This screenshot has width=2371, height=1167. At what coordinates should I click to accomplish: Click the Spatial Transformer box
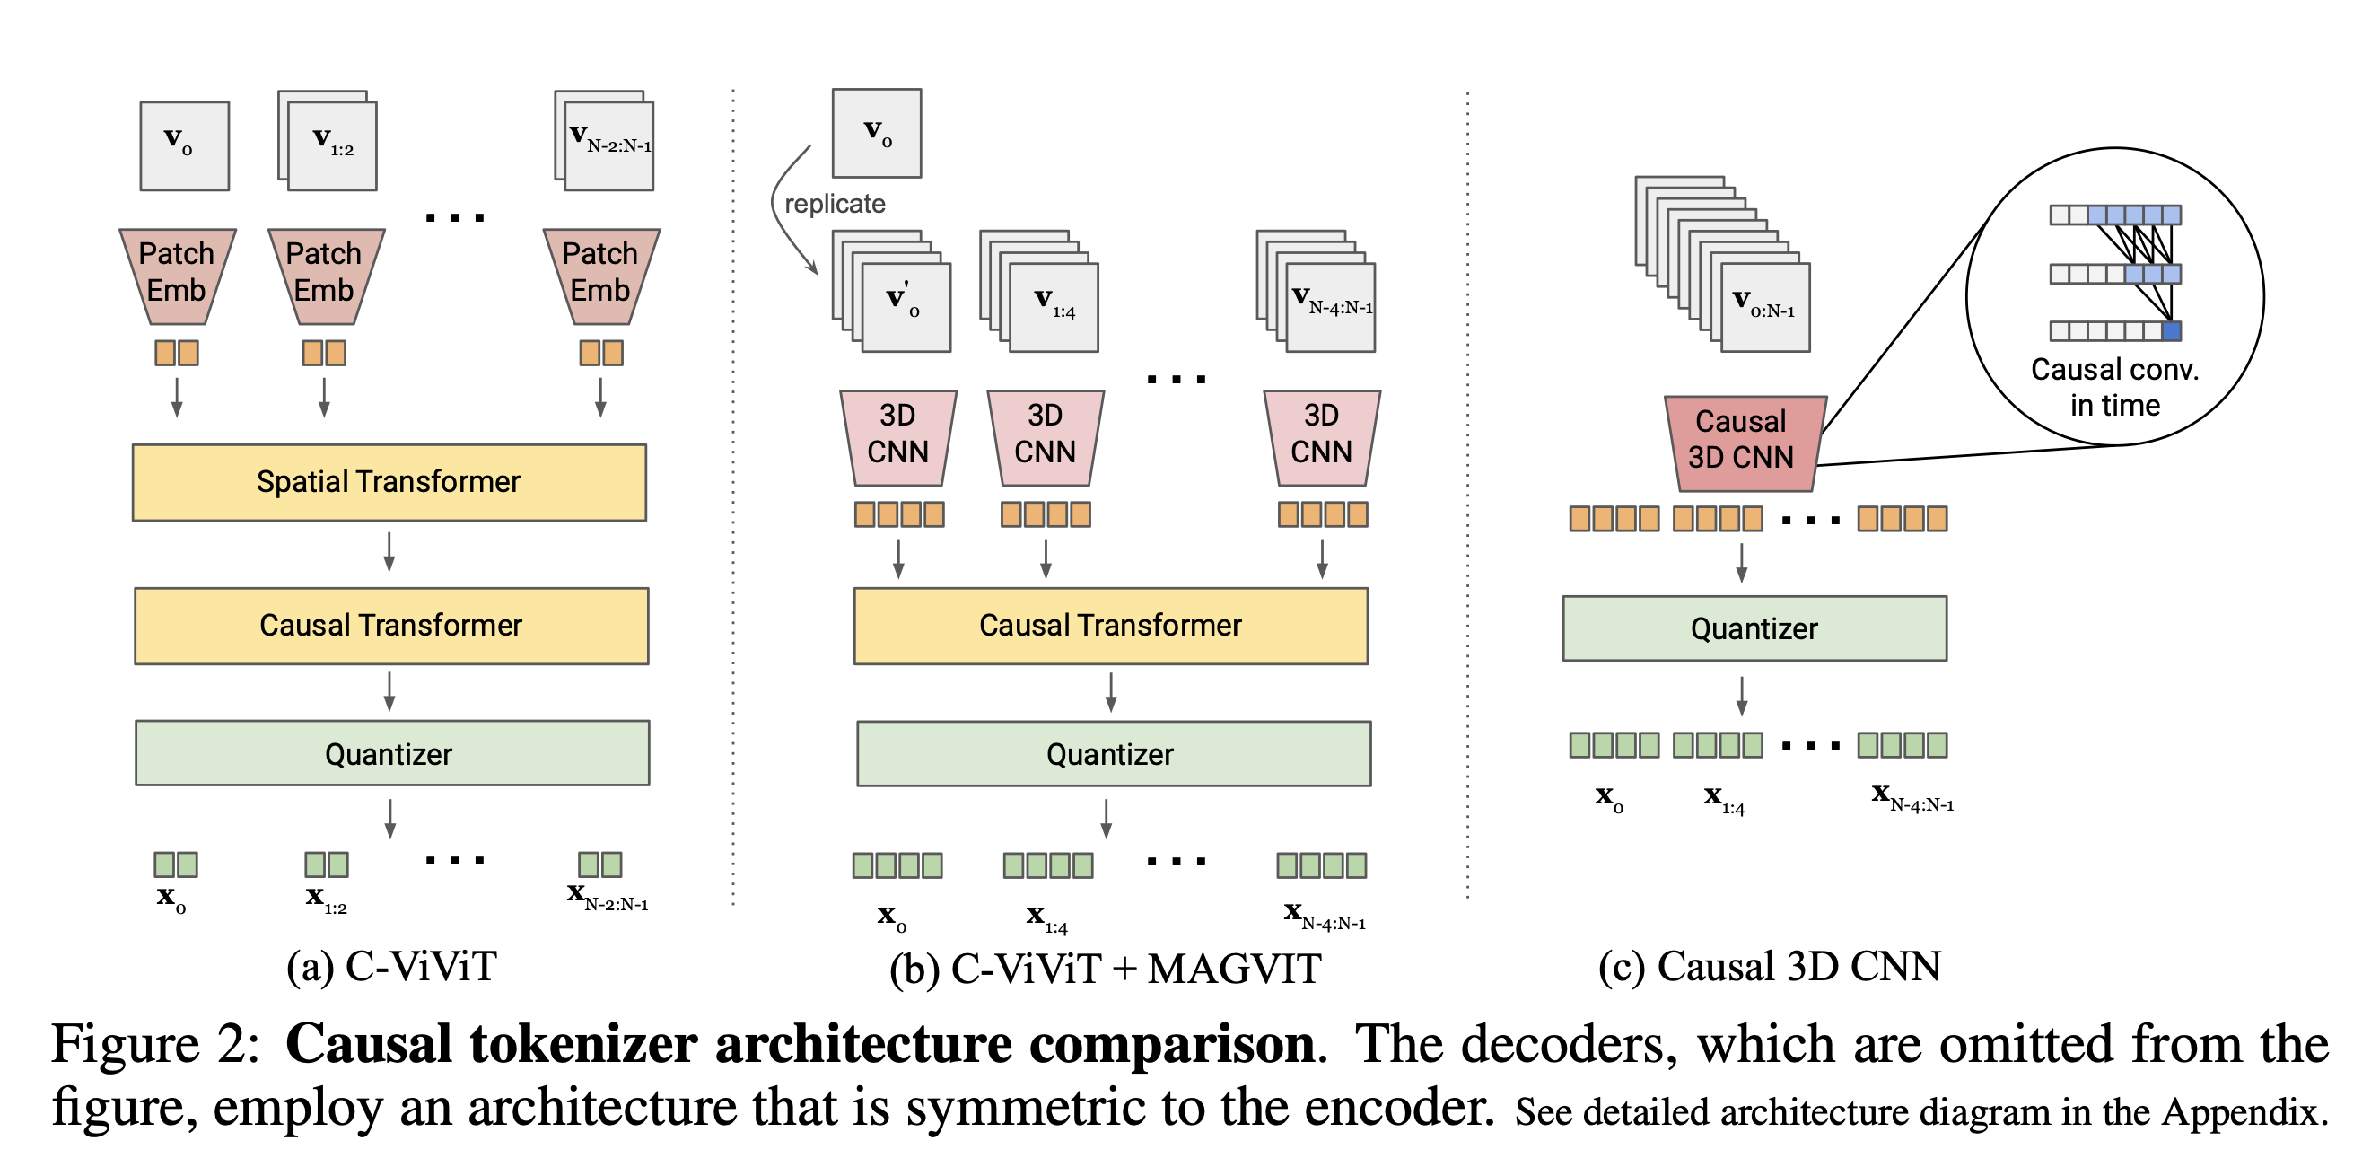(389, 482)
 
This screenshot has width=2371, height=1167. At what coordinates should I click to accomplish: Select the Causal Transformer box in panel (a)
(391, 626)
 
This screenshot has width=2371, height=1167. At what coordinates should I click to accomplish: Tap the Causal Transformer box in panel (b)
(1110, 626)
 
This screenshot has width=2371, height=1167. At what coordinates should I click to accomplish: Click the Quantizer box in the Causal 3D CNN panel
(1754, 628)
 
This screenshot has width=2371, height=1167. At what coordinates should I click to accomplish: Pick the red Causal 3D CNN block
(1741, 441)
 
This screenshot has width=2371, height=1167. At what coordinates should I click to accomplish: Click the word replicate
(835, 204)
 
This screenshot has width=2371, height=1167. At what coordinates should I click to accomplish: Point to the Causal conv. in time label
(2115, 388)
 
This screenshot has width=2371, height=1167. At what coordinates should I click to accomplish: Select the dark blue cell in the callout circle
(2171, 331)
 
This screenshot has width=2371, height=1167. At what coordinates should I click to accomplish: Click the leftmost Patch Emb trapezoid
(177, 273)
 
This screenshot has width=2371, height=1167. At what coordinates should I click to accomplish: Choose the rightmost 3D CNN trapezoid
(1322, 435)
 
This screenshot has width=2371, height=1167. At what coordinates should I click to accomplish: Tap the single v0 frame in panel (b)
(876, 134)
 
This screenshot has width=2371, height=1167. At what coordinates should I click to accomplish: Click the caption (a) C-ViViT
(391, 966)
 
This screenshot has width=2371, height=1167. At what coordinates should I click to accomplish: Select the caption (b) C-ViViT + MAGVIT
(1106, 970)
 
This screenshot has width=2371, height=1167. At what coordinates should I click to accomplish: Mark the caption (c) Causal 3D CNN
(1769, 966)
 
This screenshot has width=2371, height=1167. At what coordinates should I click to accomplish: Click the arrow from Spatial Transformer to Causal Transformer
(389, 551)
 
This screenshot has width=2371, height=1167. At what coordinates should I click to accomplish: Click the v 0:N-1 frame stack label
(1764, 307)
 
